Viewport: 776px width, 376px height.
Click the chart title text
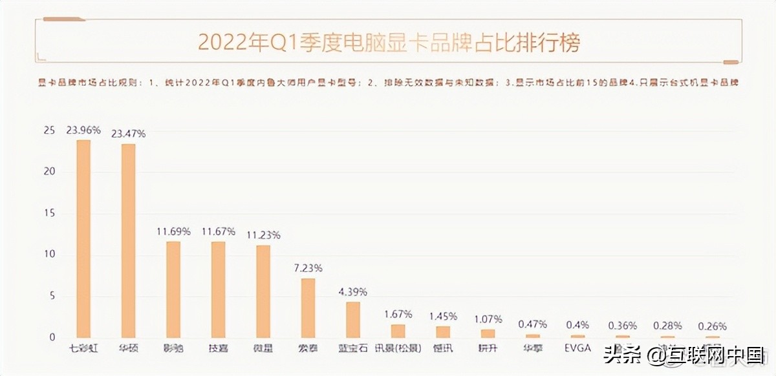click(389, 43)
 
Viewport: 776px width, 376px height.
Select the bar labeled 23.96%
click(83, 239)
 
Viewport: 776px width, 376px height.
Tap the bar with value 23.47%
click(129, 241)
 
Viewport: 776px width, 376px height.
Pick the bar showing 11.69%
click(173, 289)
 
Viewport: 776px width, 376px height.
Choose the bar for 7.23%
click(308, 308)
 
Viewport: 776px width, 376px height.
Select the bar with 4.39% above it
click(353, 320)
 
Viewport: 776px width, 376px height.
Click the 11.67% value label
click(219, 231)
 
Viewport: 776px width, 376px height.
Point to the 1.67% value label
click(398, 315)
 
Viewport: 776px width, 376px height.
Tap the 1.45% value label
click(444, 316)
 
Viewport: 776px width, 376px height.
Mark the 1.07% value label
click(488, 319)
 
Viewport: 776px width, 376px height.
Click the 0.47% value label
click(533, 324)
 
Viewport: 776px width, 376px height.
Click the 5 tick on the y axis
click(52, 296)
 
